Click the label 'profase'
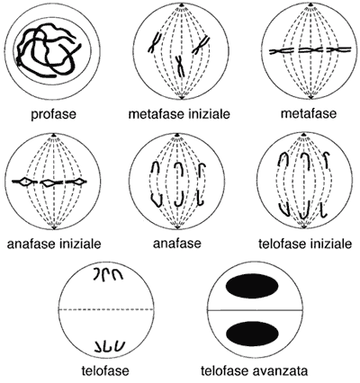tap(54, 114)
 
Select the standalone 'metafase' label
tap(309, 114)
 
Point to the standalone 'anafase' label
tap(177, 244)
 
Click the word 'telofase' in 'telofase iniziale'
tap(281, 244)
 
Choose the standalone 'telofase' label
tap(105, 371)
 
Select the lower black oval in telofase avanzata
tap(252, 333)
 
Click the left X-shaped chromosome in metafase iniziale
tap(155, 42)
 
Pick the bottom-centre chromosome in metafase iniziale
tap(180, 66)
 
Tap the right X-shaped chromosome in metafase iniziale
tap(201, 45)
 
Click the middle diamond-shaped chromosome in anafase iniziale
tap(49, 182)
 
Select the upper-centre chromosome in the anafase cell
tap(180, 169)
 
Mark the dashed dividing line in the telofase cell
tap(106, 309)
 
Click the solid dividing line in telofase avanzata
tap(255, 310)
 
